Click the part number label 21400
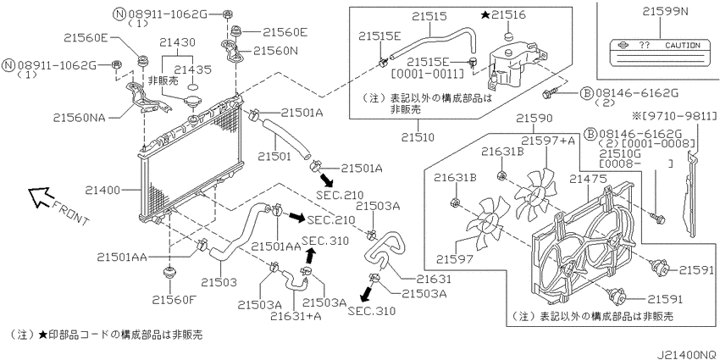click(x=102, y=190)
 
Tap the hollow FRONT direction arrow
click(x=40, y=197)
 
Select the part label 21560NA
click(x=78, y=118)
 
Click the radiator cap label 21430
click(x=177, y=42)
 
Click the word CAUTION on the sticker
click(x=683, y=46)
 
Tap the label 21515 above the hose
click(x=429, y=17)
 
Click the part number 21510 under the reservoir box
click(x=417, y=137)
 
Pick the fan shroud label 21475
click(x=587, y=179)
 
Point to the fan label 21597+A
click(x=548, y=141)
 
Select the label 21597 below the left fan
click(x=454, y=259)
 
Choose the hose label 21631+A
click(x=295, y=317)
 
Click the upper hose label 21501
click(x=274, y=157)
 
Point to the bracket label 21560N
click(x=275, y=52)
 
